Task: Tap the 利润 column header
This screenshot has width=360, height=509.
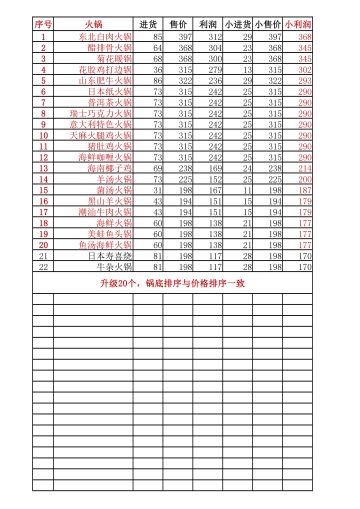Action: click(x=208, y=22)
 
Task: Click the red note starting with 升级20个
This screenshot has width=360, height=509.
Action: click(x=180, y=283)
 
